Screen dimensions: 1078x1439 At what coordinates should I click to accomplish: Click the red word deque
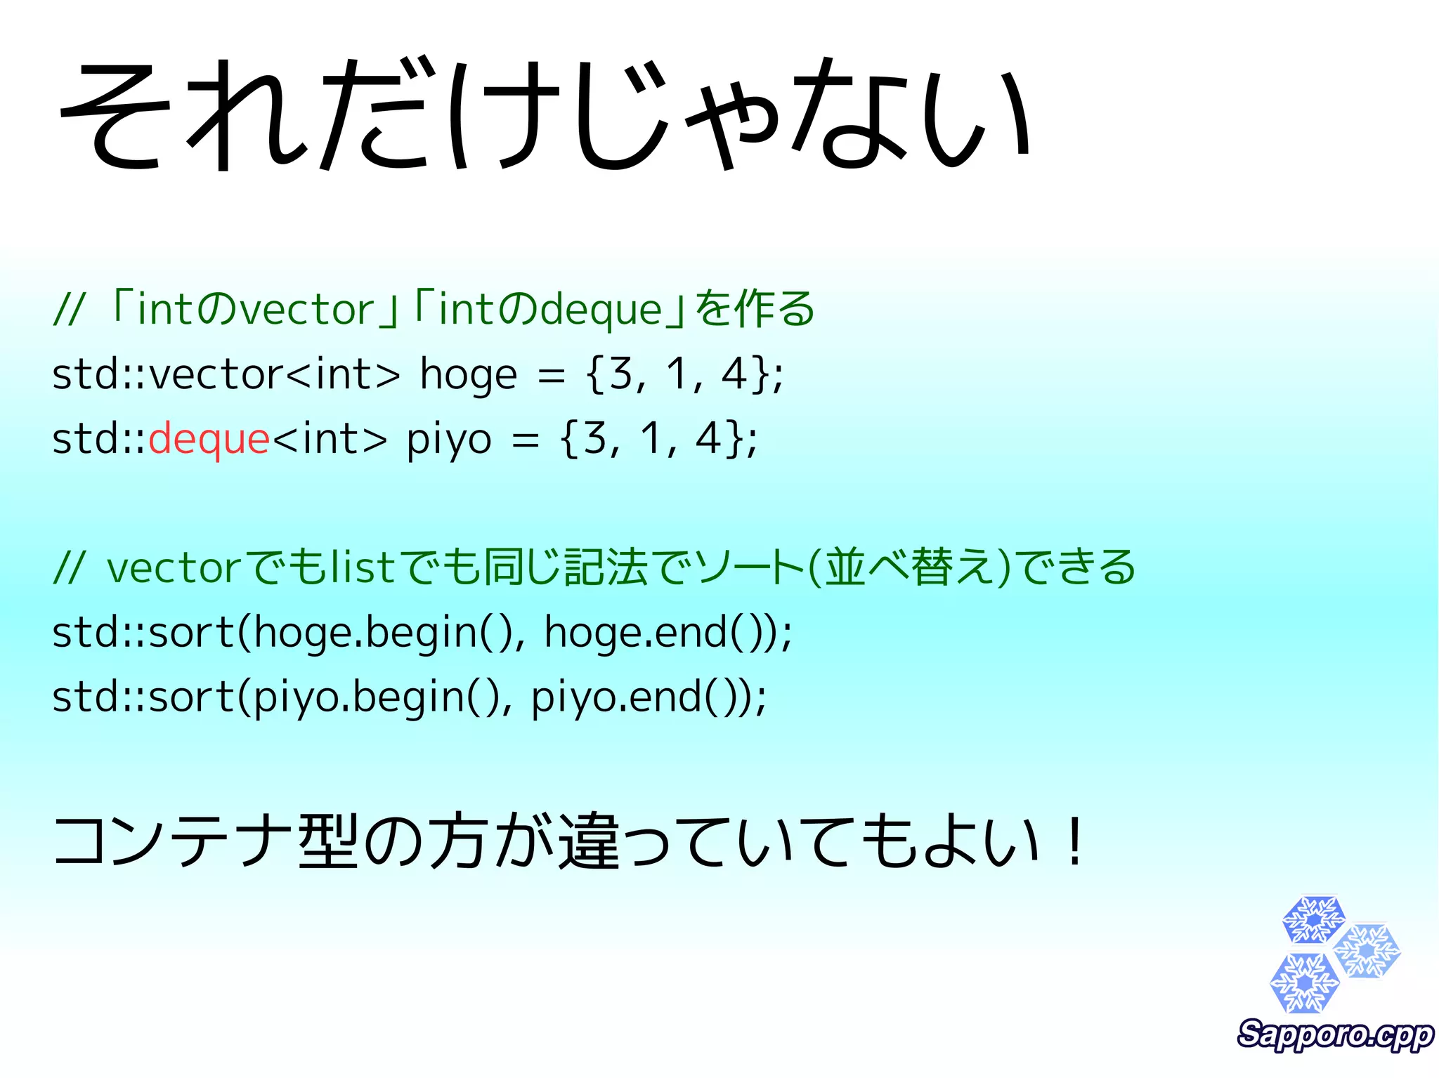click(209, 440)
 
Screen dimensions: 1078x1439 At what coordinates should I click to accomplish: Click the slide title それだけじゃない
click(545, 114)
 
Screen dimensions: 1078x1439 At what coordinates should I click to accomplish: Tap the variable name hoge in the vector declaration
click(468, 374)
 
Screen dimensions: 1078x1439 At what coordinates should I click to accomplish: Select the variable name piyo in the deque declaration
click(449, 440)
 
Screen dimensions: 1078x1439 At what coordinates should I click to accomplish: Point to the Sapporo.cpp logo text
click(1335, 1034)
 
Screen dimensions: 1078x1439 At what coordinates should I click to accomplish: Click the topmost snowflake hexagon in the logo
click(1313, 919)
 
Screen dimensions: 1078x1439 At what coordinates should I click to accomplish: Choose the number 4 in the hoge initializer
click(734, 374)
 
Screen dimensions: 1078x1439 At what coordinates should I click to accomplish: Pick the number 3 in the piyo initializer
click(594, 439)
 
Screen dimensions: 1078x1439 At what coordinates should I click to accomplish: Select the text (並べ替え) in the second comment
click(909, 567)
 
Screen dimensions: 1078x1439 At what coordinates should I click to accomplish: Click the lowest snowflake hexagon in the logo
click(1304, 983)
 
